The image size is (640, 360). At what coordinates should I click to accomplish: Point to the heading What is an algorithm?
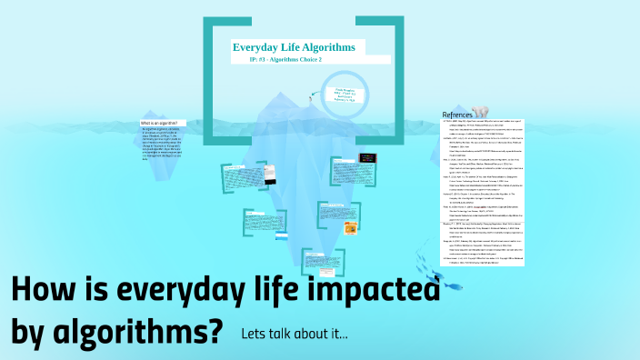158,123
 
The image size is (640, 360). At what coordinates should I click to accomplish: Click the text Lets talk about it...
294,334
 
